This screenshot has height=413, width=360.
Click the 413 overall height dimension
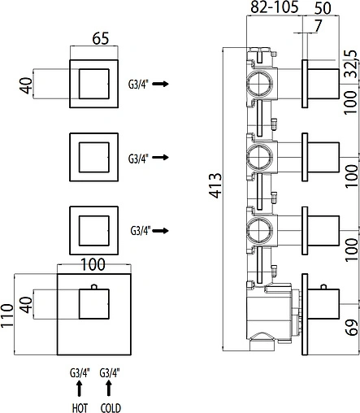pyautogui.click(x=215, y=185)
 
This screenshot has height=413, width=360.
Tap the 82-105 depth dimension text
pyautogui.click(x=274, y=7)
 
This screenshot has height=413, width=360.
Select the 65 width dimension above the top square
pyautogui.click(x=101, y=38)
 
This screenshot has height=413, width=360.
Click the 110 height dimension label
pyautogui.click(x=7, y=316)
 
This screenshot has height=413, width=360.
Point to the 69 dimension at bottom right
pyautogui.click(x=353, y=328)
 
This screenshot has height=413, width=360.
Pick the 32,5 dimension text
pyautogui.click(x=352, y=63)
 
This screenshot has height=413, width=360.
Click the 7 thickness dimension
pyautogui.click(x=318, y=26)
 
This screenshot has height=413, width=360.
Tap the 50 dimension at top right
pyautogui.click(x=323, y=8)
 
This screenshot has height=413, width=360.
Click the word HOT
pyautogui.click(x=80, y=407)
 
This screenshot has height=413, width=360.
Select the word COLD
pyautogui.click(x=111, y=407)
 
